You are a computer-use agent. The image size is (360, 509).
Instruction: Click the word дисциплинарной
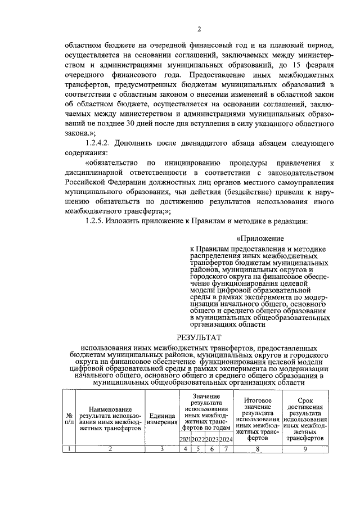pos(93,172)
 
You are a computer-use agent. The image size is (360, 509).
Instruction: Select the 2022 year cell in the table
pos(197,439)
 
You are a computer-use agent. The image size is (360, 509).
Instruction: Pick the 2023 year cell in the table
pos(211,439)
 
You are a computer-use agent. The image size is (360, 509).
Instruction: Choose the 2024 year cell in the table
pos(226,439)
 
